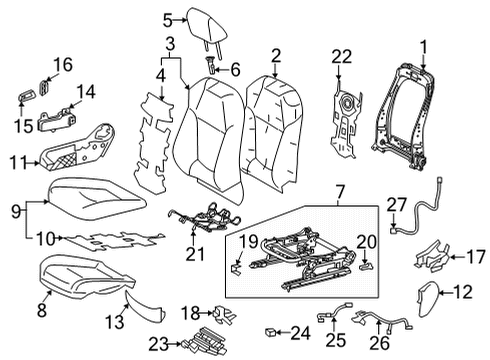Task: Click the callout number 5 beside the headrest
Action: click(168, 20)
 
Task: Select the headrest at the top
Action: click(207, 28)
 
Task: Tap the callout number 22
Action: click(342, 57)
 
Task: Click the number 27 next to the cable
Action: click(397, 205)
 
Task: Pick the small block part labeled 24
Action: click(270, 332)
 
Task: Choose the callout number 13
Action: click(114, 322)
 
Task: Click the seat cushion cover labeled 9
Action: click(97, 199)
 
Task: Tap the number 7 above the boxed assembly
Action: click(340, 192)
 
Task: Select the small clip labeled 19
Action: click(236, 269)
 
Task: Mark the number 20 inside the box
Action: click(367, 242)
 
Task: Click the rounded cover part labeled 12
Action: click(428, 299)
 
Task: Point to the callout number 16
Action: click(63, 65)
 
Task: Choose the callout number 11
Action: click(18, 163)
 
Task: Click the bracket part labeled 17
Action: click(432, 256)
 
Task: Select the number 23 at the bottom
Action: click(159, 344)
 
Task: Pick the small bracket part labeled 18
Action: click(224, 314)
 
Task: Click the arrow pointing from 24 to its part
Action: click(283, 332)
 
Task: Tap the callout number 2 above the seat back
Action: click(276, 57)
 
